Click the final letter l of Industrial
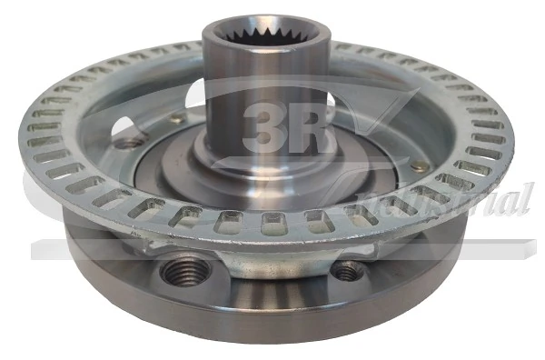[x=526, y=198]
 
